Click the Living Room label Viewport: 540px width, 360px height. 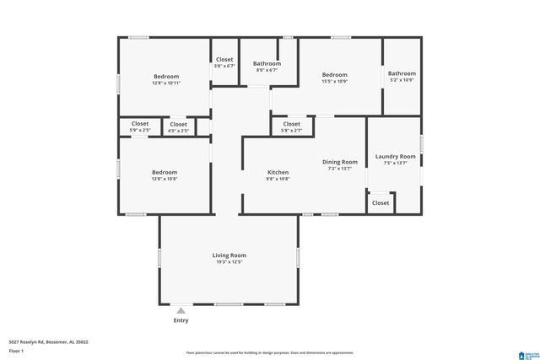(x=229, y=255)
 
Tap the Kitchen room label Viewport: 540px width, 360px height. (x=278, y=172)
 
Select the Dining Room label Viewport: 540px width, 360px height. (x=340, y=162)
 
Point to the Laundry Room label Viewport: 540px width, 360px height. (x=395, y=156)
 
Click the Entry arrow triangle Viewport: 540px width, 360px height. (x=181, y=310)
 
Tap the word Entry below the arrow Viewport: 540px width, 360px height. (x=181, y=320)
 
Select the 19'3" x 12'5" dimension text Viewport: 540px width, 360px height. (x=229, y=262)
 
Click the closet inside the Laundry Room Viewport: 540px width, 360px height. (x=381, y=202)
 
